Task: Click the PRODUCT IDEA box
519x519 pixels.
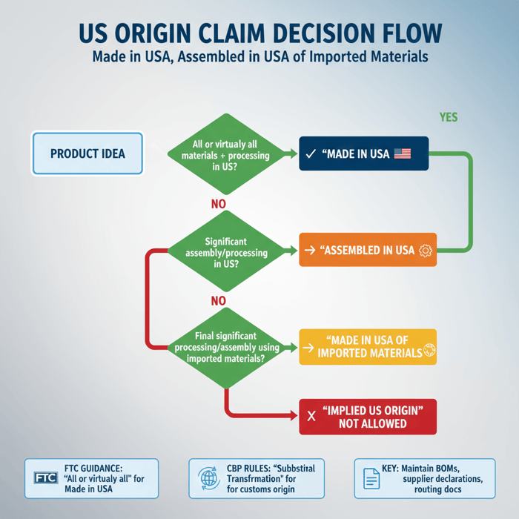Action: point(87,153)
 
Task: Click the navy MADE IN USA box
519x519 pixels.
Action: point(363,153)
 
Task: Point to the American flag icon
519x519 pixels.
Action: point(402,153)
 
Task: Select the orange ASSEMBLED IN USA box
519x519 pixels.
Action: point(368,250)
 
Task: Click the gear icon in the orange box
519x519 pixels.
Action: point(426,251)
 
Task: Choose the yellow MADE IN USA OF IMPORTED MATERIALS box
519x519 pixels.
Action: point(368,346)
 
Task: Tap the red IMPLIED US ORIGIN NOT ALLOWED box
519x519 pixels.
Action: point(368,417)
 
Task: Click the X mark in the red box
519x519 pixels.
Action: point(311,417)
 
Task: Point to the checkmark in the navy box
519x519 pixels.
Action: point(311,154)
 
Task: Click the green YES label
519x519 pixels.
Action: point(449,117)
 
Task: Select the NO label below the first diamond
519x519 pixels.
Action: point(218,204)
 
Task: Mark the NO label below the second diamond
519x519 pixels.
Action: point(218,301)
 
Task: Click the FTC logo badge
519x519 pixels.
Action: point(46,478)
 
